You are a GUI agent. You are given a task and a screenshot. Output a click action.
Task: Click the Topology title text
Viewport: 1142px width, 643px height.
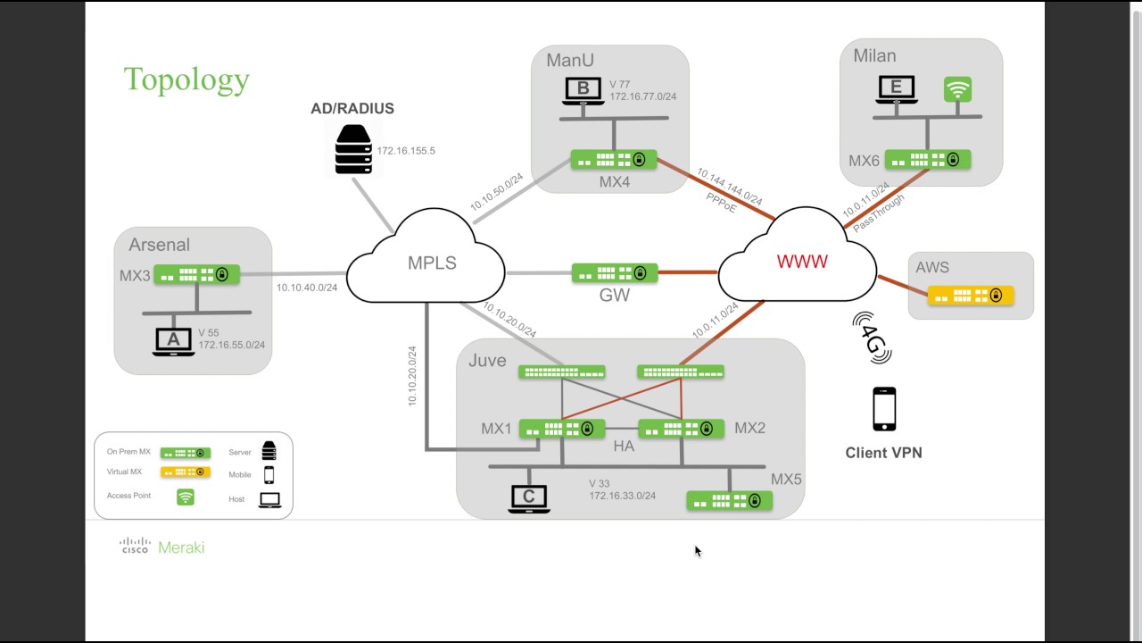pos(186,79)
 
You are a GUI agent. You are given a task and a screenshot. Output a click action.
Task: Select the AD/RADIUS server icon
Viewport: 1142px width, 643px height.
pos(353,149)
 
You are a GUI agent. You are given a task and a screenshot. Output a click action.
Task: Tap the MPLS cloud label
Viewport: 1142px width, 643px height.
pos(432,263)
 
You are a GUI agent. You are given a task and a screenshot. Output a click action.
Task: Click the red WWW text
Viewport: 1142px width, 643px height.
pos(802,262)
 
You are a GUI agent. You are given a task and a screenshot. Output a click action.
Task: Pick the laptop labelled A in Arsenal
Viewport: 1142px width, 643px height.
pos(173,341)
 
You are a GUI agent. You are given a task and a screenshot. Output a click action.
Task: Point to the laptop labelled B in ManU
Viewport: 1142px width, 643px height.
pos(583,91)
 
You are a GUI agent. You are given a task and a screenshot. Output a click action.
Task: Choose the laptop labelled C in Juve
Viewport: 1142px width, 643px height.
pos(528,498)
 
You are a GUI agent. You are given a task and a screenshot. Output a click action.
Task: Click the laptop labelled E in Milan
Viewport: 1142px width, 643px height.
pos(896,89)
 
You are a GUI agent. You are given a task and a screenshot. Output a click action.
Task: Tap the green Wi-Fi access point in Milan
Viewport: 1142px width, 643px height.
pos(957,89)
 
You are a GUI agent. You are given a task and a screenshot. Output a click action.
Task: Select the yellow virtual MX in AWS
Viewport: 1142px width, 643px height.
pos(970,296)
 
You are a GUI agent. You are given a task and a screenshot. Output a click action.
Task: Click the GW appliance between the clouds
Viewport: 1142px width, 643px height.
pos(615,272)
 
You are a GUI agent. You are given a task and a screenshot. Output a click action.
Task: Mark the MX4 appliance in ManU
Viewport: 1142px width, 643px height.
pos(614,160)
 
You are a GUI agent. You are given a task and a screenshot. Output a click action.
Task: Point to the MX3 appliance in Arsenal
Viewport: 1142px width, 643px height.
pos(197,274)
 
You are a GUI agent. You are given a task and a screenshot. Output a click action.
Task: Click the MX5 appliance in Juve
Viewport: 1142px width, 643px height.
pos(729,501)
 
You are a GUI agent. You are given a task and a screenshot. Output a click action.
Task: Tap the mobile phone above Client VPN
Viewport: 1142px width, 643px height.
pos(884,409)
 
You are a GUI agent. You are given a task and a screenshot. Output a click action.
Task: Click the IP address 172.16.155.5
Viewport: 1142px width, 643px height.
pos(406,151)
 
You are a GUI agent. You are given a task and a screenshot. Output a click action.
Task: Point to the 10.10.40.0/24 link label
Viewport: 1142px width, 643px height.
pos(307,288)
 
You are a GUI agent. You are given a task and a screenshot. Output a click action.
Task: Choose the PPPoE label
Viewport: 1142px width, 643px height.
pos(722,202)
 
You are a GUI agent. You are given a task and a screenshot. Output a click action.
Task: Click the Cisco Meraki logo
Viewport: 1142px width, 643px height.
pos(162,547)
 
